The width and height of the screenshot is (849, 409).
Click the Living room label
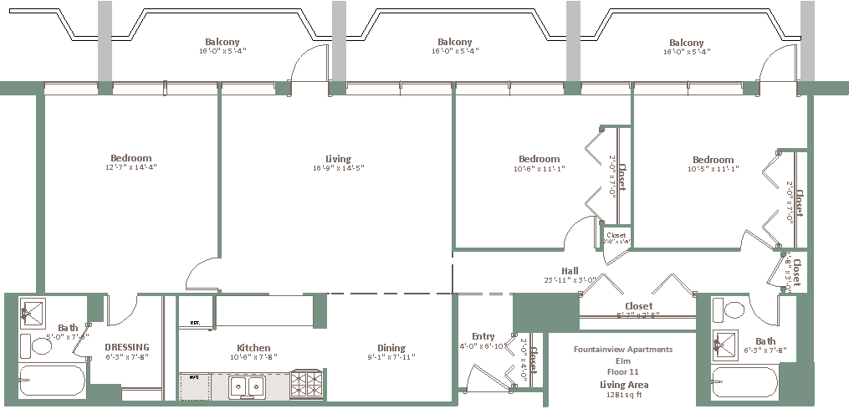coord(338,159)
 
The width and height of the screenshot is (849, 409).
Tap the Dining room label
coord(391,348)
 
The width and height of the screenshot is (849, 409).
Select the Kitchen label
coord(253,348)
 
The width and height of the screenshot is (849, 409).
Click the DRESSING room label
coord(127,347)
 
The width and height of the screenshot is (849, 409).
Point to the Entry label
coord(483,336)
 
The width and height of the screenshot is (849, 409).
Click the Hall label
coord(570,270)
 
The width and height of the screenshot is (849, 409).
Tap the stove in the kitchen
coord(306,385)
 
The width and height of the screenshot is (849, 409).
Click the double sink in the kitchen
coord(249,386)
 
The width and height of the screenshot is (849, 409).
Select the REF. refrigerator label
coord(195,322)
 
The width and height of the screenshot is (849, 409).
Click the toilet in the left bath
coord(42,345)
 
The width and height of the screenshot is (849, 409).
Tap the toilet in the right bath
coord(734,311)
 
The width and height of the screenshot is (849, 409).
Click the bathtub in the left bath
coord(52,382)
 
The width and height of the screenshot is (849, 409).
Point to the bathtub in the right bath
coord(744,383)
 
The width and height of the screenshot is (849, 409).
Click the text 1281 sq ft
coord(624,396)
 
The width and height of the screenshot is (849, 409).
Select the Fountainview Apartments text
coord(623,350)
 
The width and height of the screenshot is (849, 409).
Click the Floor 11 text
coord(623,371)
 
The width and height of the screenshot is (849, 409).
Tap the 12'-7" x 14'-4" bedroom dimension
coord(131,168)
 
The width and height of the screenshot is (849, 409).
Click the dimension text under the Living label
coord(338,169)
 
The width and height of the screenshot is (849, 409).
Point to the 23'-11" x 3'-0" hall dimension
coord(570,280)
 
